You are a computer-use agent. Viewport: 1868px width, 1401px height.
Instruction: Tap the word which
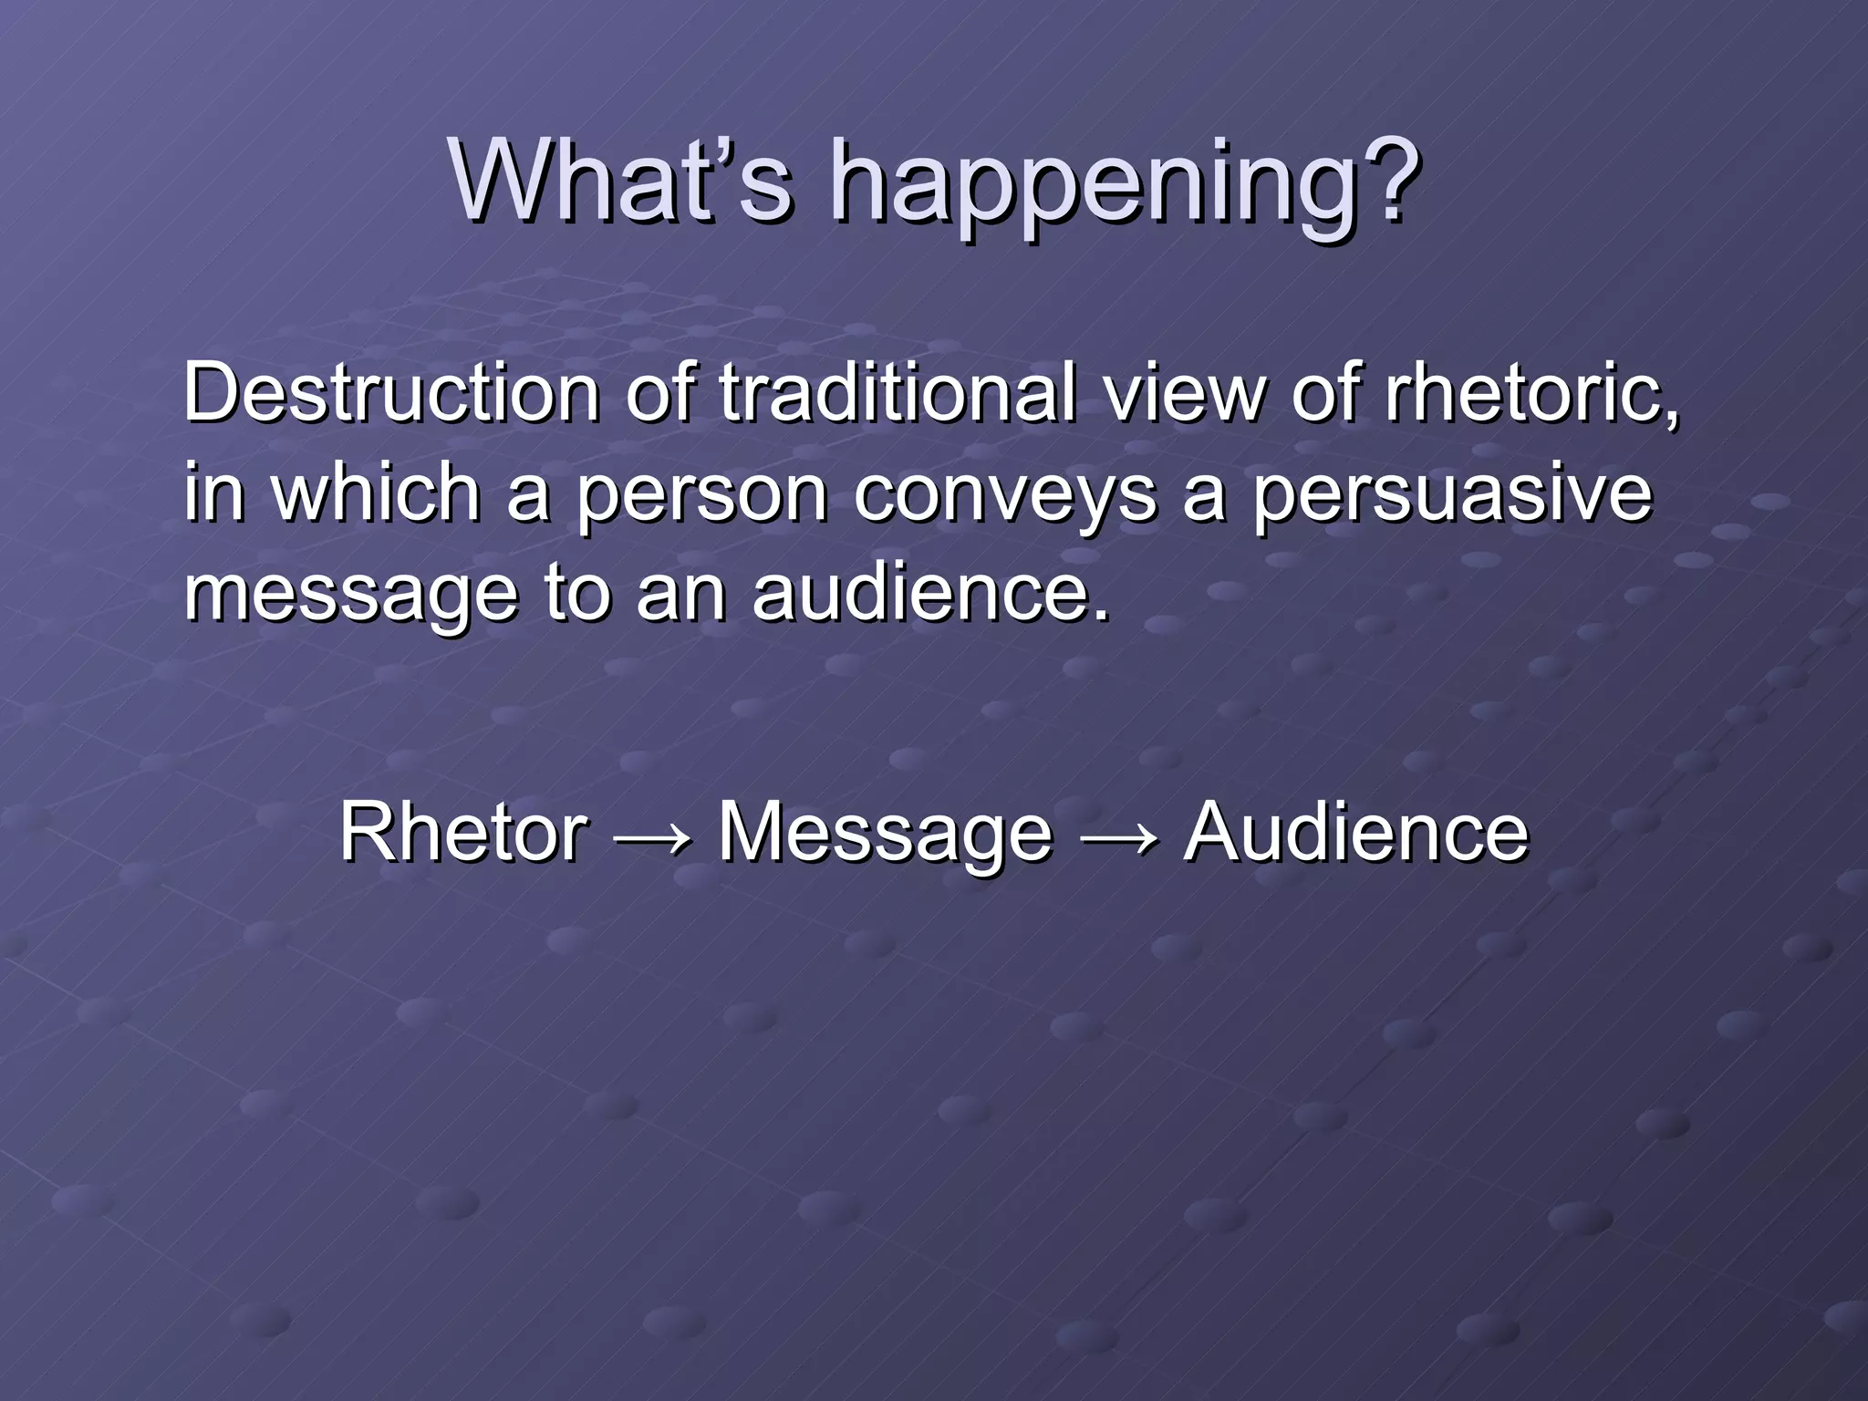click(377, 493)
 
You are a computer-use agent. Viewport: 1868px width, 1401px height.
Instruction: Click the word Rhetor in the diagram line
click(463, 832)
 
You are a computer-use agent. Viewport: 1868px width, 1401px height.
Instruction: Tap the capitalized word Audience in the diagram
click(1355, 832)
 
